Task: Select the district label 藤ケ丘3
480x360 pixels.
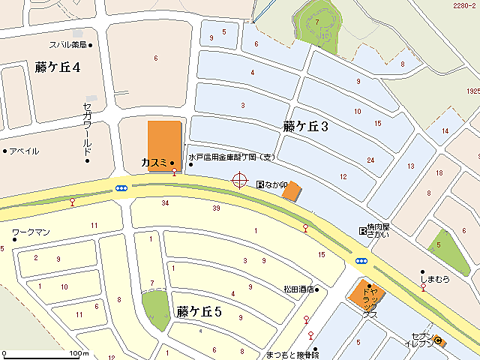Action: pyautogui.click(x=306, y=127)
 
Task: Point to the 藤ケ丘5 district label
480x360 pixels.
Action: pyautogui.click(x=199, y=311)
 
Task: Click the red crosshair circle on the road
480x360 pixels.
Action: pyautogui.click(x=240, y=180)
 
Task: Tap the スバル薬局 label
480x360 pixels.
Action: pyautogui.click(x=69, y=45)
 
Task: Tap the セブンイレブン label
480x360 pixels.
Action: pyautogui.click(x=422, y=340)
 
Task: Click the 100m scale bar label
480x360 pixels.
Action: pyautogui.click(x=78, y=353)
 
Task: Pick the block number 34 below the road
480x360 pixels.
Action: pyautogui.click(x=165, y=203)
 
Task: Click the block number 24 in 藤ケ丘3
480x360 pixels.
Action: pyautogui.click(x=370, y=160)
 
